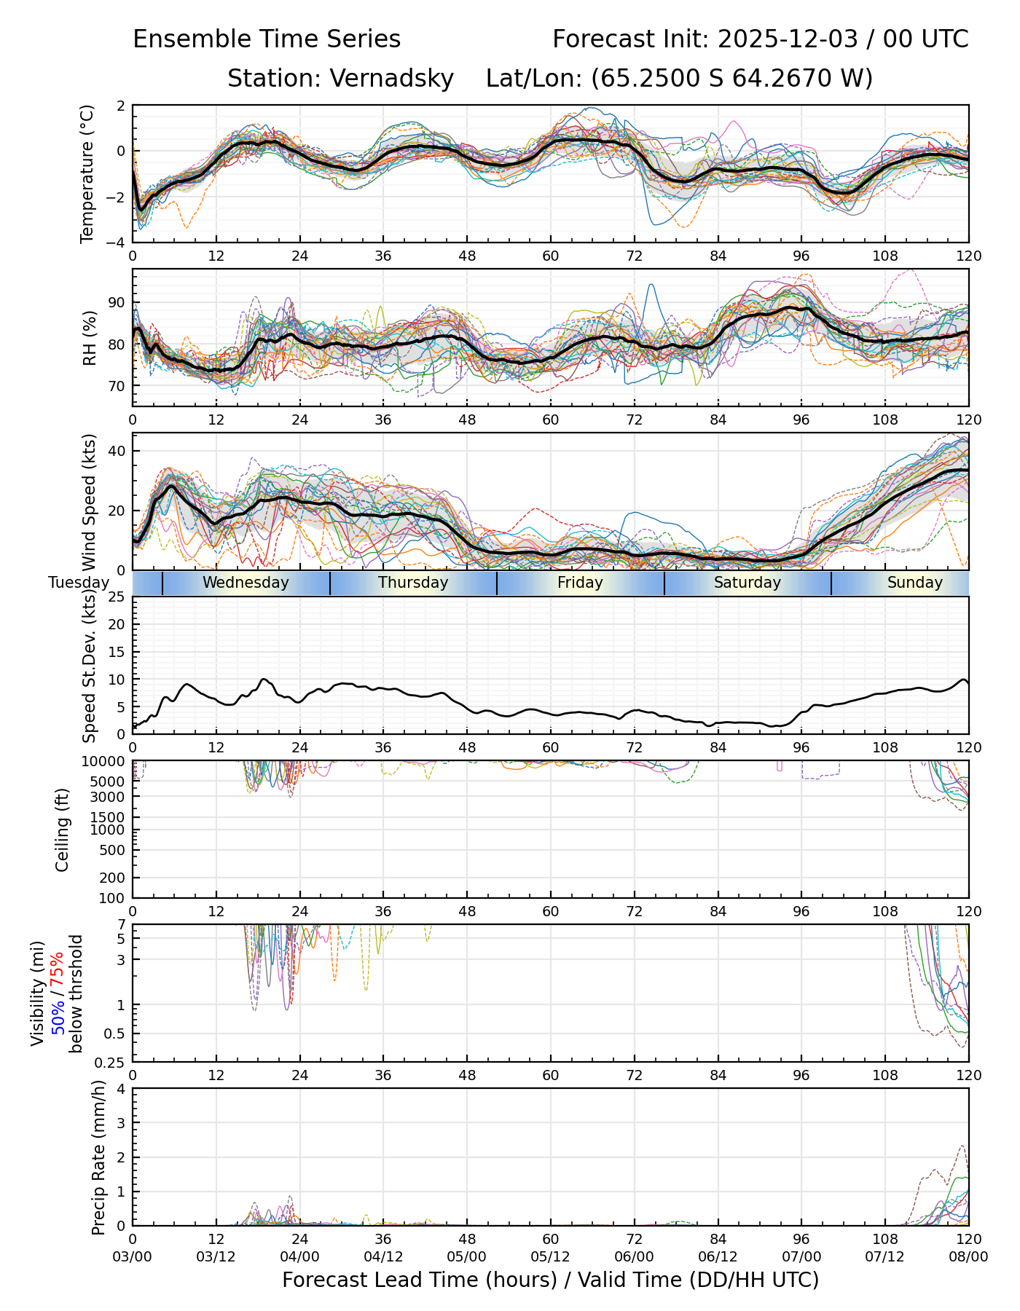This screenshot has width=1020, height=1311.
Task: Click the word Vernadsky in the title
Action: point(392,78)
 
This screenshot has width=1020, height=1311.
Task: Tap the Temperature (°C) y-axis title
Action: point(87,173)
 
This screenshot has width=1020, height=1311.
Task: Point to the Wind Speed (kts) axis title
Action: point(89,502)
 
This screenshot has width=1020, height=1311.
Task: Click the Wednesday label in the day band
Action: point(246,583)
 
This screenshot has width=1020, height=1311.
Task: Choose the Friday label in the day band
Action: point(580,583)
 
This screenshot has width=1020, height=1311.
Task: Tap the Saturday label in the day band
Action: point(747,583)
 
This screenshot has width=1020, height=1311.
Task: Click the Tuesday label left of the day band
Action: point(79,583)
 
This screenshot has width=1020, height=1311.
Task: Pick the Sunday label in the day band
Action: point(914,583)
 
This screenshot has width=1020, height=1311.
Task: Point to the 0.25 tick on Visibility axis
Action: point(111,1062)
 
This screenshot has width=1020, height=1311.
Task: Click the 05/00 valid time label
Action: point(467,1256)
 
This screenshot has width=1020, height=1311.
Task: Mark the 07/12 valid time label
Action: point(885,1256)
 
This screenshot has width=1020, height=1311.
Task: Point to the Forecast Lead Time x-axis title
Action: point(550,1280)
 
